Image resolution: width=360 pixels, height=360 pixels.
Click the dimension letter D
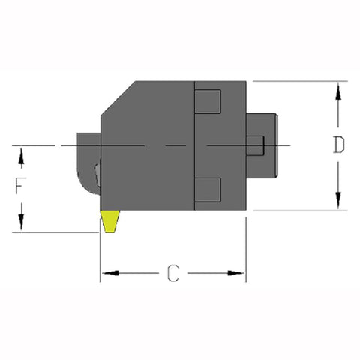pyautogui.click(x=339, y=145)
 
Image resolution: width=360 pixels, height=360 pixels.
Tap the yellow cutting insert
pyautogui.click(x=110, y=220)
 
